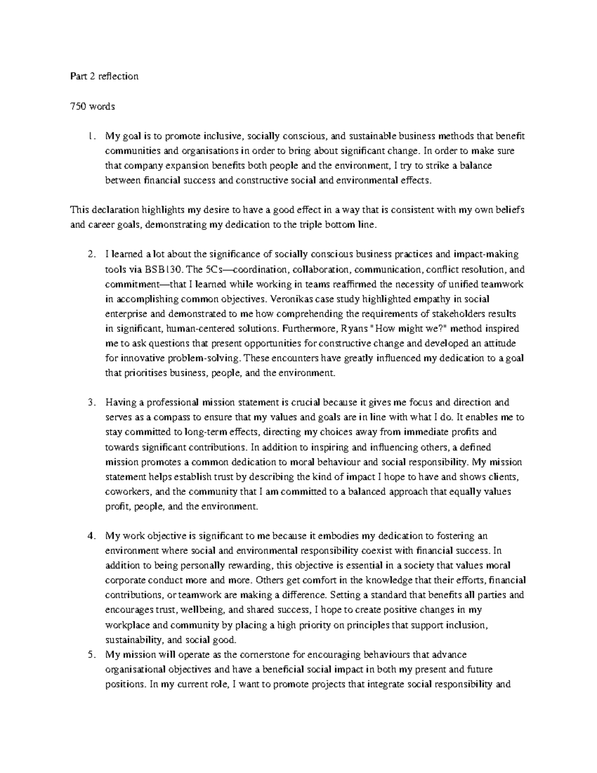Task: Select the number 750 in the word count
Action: coord(79,106)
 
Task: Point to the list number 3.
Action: coord(90,402)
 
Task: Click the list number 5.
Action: coord(90,655)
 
